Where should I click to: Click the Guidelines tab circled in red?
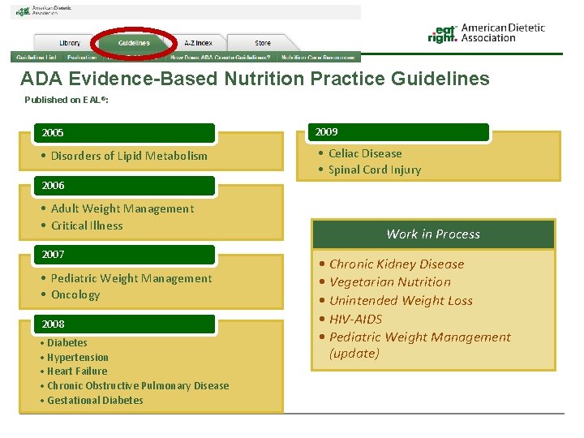(x=134, y=43)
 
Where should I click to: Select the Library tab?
(x=70, y=43)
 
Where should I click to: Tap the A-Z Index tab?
(x=198, y=43)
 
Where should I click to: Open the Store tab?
(x=263, y=43)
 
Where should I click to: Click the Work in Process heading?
(x=433, y=234)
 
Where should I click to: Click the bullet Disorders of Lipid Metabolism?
(x=128, y=156)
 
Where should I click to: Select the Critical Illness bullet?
(x=86, y=225)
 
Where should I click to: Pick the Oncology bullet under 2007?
(x=75, y=294)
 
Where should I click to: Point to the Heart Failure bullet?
(x=76, y=371)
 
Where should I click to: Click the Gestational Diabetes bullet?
(x=94, y=400)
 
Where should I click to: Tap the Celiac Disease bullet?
(x=364, y=153)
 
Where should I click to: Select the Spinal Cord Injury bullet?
(x=374, y=170)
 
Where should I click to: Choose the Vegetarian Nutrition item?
(x=389, y=282)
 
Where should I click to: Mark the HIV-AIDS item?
(x=355, y=319)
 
